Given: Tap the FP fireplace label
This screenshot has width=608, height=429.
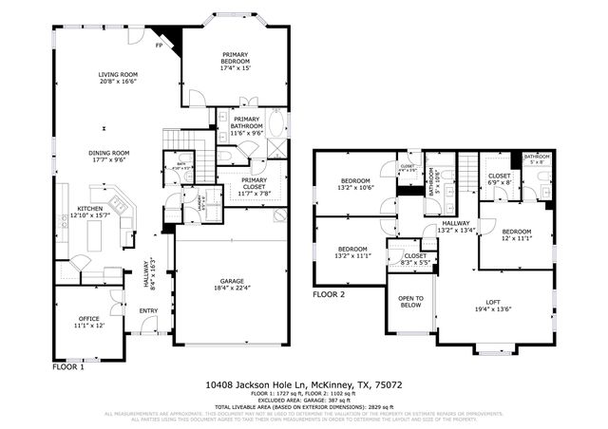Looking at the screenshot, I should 160,45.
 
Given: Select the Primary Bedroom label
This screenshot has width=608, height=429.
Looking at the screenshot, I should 235,62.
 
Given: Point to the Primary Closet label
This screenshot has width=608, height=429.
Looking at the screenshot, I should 254,186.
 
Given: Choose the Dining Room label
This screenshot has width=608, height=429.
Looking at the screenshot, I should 108,158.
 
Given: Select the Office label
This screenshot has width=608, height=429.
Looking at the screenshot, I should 88,320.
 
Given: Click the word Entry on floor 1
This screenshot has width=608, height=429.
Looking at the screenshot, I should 149,310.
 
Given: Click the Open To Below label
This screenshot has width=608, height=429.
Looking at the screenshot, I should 410,302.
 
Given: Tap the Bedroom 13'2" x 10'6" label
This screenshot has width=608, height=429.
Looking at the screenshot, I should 356,184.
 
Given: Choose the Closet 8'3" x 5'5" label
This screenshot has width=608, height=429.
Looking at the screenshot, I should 415,259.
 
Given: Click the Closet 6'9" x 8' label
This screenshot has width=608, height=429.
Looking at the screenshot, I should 500,180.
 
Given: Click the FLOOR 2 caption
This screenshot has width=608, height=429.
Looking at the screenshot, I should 329,295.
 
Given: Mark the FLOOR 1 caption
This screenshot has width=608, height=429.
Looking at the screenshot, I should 68,365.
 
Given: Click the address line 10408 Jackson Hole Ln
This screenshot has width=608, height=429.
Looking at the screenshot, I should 303,385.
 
